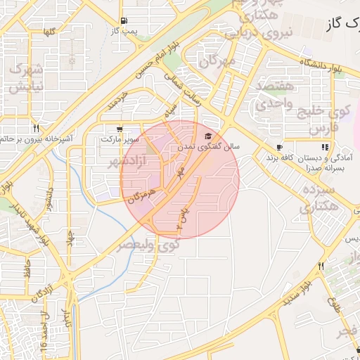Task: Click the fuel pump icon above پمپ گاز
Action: click(124, 20)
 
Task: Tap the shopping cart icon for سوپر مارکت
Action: click(120, 129)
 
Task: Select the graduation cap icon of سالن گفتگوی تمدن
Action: click(207, 136)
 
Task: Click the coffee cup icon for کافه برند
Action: click(280, 148)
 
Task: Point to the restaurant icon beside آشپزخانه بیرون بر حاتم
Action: click(35, 129)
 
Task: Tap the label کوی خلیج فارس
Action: click(330, 120)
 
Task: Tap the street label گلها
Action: click(49, 32)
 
